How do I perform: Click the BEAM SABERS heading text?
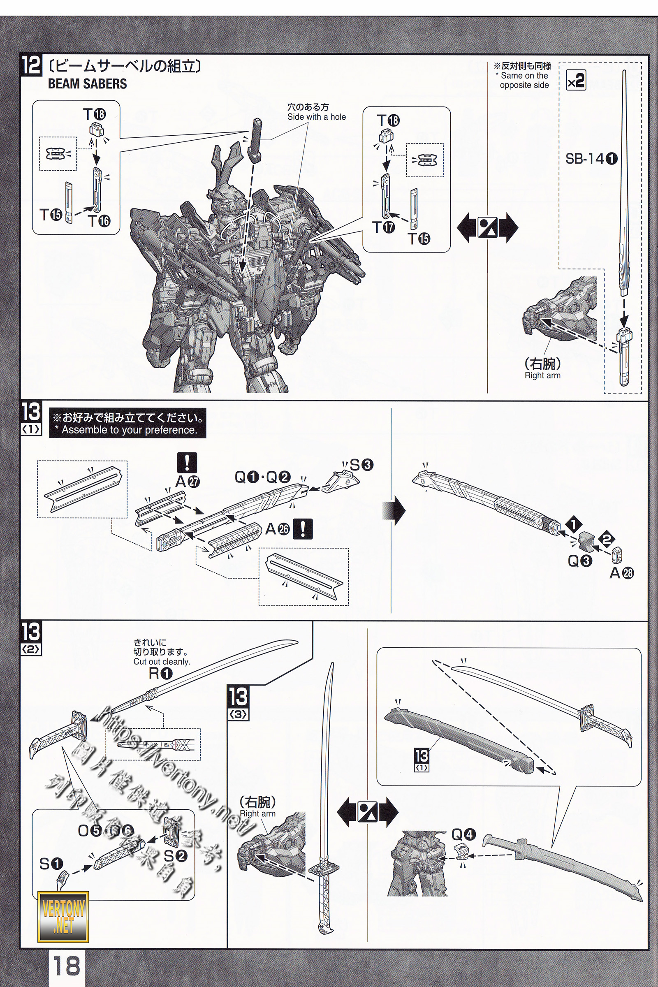(x=87, y=84)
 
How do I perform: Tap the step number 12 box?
(x=32, y=66)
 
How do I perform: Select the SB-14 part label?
(x=591, y=159)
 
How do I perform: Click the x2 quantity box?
(x=576, y=81)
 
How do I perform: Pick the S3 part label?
(x=361, y=465)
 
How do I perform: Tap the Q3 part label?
(x=579, y=561)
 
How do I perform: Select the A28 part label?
(x=621, y=573)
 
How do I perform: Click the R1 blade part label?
(x=160, y=674)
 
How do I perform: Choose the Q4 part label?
(x=464, y=834)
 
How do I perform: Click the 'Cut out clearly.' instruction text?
(x=162, y=662)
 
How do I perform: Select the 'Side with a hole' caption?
(x=316, y=117)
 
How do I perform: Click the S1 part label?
(x=51, y=864)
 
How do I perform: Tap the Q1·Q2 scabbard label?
(x=262, y=477)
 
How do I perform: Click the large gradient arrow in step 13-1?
(x=394, y=511)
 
